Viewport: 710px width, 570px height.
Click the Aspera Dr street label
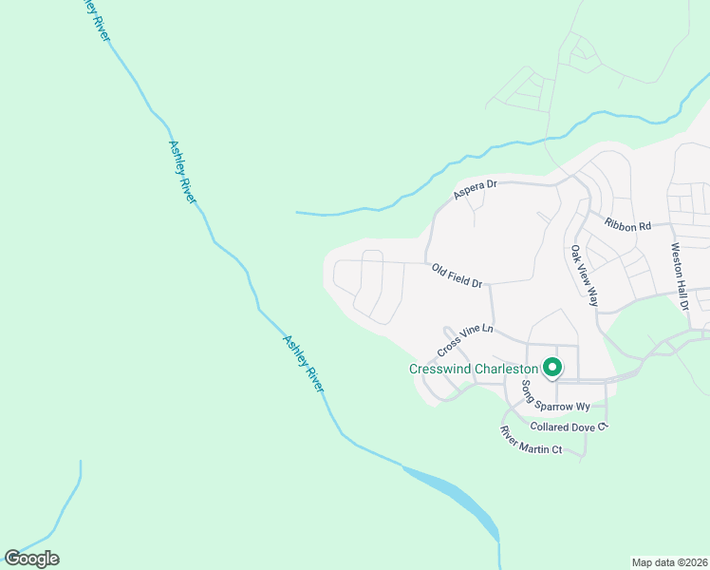pyautogui.click(x=475, y=190)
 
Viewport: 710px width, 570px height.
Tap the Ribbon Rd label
pyautogui.click(x=627, y=225)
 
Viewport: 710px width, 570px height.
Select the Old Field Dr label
pyautogui.click(x=457, y=276)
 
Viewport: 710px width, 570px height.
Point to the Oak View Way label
pyautogui.click(x=584, y=276)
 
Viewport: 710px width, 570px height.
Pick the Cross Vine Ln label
pyautogui.click(x=465, y=336)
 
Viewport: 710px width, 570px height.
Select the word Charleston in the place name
pyautogui.click(x=505, y=369)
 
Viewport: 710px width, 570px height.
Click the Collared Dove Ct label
pyautogui.click(x=568, y=427)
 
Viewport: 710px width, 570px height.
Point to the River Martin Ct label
pyautogui.click(x=532, y=440)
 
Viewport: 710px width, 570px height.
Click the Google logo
pyautogui.click(x=31, y=559)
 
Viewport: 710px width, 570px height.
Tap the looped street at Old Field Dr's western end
pyautogui.click(x=365, y=285)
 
